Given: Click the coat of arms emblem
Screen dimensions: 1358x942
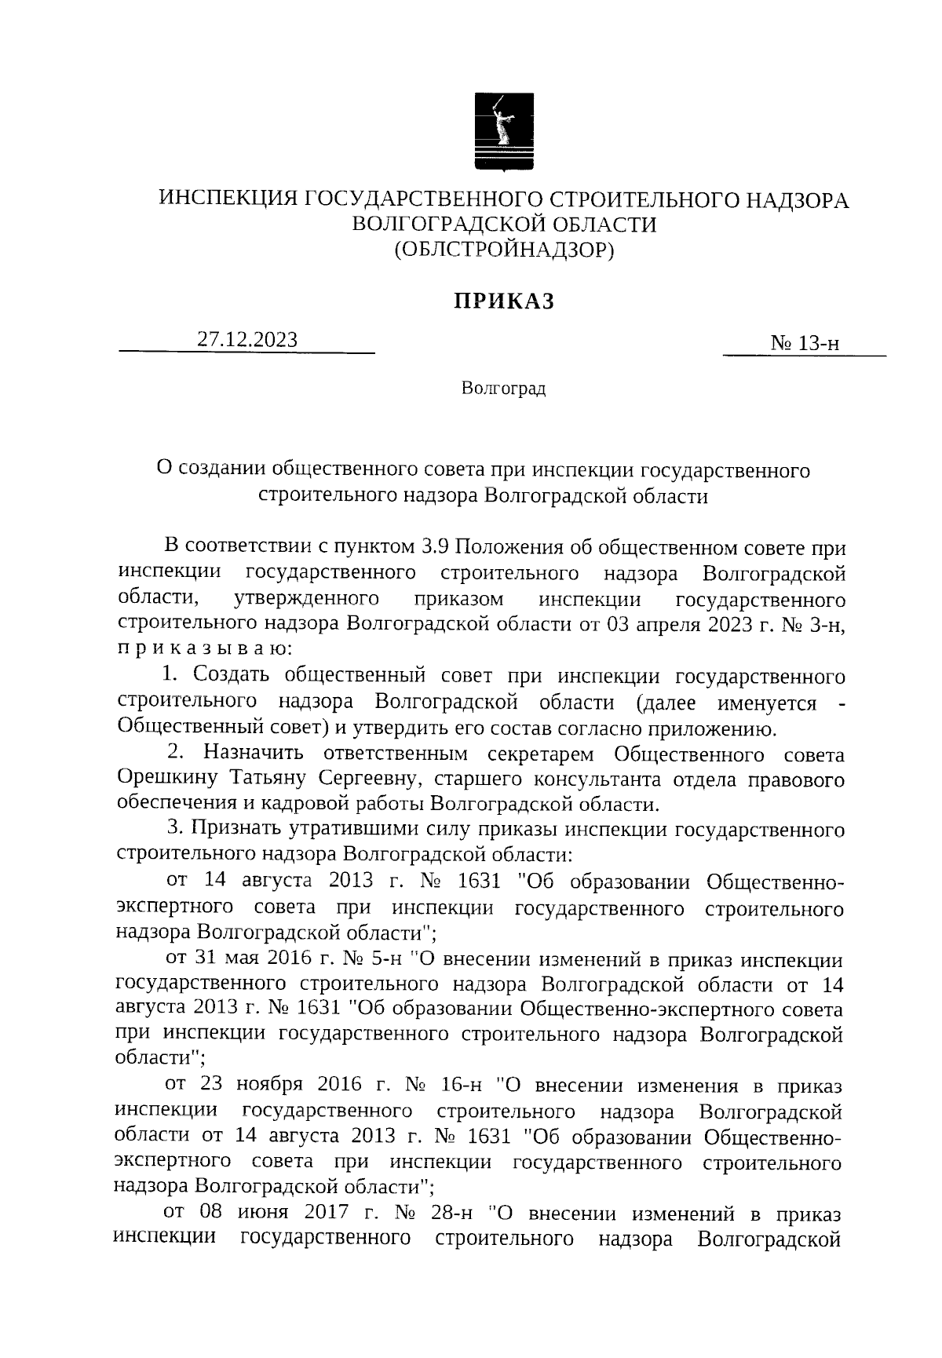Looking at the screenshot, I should point(503,130).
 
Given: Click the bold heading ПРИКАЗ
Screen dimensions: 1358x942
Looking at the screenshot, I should point(503,301).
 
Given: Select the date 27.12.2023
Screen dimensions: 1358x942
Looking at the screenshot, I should point(247,339).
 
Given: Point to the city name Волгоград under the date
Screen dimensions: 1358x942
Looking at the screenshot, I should point(503,389).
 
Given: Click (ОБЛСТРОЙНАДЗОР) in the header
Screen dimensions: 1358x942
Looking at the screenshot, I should point(503,249).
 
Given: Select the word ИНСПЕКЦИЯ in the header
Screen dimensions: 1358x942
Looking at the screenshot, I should point(228,200).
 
